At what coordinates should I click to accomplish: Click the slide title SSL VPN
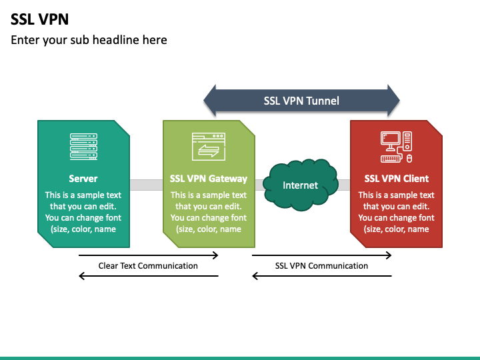[x=39, y=19]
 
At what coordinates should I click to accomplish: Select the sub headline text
[x=89, y=40]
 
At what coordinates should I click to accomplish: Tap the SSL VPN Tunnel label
[x=301, y=101]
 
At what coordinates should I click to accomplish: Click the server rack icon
[x=83, y=147]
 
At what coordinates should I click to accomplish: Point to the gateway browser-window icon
[x=209, y=147]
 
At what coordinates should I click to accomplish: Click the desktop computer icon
[x=397, y=147]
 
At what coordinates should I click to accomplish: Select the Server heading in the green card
[x=83, y=179]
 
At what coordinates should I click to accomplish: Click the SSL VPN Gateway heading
[x=209, y=179]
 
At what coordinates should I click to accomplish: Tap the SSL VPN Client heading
[x=397, y=179]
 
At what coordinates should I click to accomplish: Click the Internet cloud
[x=301, y=185]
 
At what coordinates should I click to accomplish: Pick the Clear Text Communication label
[x=148, y=266]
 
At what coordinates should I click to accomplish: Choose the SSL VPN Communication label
[x=321, y=266]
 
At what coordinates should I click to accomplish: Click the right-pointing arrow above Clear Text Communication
[x=149, y=255]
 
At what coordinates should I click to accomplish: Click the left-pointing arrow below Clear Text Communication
[x=149, y=276]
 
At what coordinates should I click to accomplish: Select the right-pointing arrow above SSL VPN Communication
[x=322, y=255]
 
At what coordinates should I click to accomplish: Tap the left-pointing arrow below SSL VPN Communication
[x=322, y=276]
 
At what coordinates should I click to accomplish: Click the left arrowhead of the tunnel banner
[x=210, y=101]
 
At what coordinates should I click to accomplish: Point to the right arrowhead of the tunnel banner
[x=394, y=101]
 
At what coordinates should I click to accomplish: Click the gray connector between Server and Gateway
[x=146, y=185]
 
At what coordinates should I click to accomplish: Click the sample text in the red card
[x=397, y=212]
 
